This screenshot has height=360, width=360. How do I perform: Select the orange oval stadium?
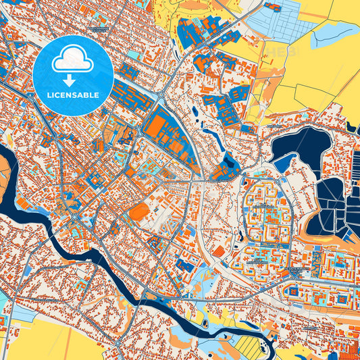click(139, 212)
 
